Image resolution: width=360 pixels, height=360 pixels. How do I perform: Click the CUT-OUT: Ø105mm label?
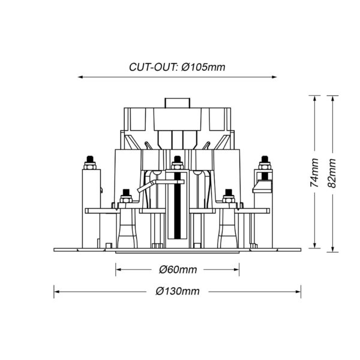[x=177, y=67]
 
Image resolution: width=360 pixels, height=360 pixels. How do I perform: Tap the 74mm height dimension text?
[x=314, y=172]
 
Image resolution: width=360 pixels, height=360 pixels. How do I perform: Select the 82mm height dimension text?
[x=332, y=173]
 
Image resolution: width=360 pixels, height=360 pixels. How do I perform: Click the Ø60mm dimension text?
[x=178, y=269]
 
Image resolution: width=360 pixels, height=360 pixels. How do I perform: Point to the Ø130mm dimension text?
[x=178, y=292]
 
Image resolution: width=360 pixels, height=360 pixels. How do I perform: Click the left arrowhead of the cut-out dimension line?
[x=80, y=77]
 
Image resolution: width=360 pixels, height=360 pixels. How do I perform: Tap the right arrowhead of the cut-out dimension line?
[x=274, y=77]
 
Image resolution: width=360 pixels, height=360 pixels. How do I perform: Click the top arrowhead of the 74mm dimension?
[x=315, y=98]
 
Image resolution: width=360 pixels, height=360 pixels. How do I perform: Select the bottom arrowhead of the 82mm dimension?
[x=332, y=250]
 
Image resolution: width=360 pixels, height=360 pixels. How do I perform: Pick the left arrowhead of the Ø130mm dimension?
[x=56, y=292]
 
